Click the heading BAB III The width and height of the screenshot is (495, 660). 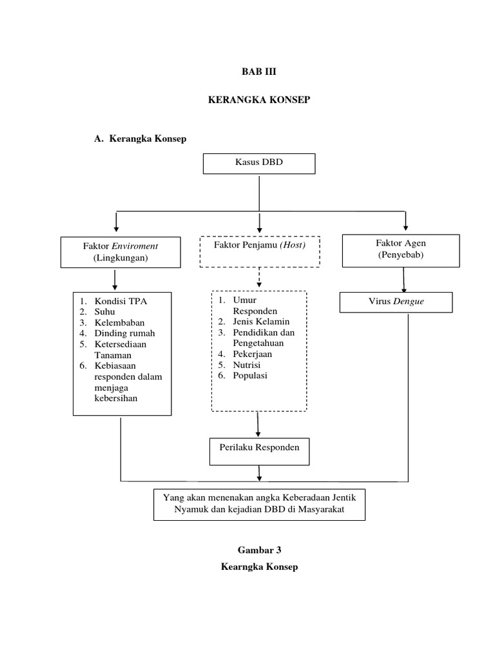(259, 73)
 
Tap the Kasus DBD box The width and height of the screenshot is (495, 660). (259, 163)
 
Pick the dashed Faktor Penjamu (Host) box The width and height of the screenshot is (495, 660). (259, 251)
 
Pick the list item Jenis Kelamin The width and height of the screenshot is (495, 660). (261, 322)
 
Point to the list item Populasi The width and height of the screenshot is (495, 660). (251, 376)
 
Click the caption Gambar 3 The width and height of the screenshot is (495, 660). (259, 550)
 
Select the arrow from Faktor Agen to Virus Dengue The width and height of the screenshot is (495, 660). (404, 280)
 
